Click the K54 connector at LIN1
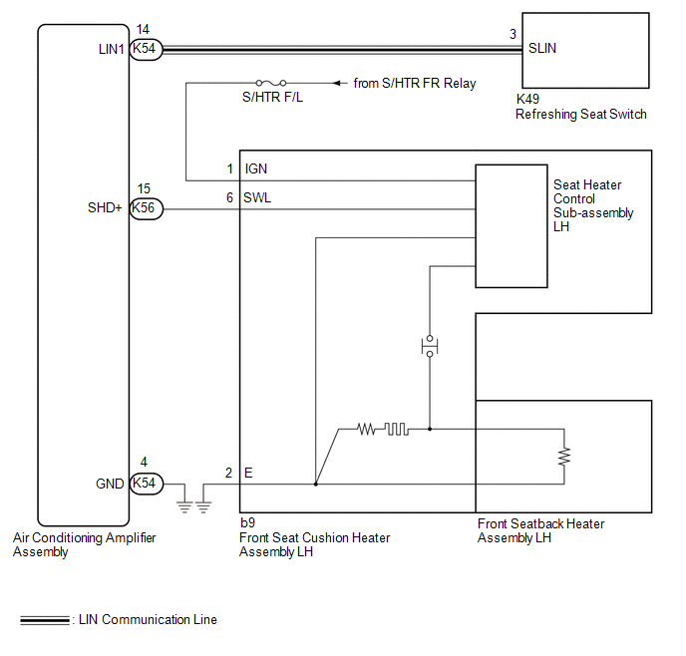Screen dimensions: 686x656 click(x=146, y=49)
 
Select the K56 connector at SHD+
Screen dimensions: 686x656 click(x=147, y=208)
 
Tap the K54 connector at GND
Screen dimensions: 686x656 click(x=147, y=484)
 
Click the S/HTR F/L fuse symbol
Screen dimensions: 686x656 click(x=271, y=83)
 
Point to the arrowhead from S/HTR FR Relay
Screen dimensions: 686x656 click(x=337, y=83)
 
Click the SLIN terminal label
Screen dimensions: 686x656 click(x=542, y=48)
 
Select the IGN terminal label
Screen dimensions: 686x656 click(x=256, y=168)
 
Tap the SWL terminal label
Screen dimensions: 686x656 click(x=257, y=197)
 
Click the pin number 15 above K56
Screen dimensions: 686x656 click(x=144, y=189)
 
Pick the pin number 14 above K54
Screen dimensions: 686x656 click(x=143, y=29)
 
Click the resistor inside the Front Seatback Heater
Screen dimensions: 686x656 click(x=564, y=457)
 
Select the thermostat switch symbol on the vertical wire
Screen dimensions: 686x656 click(x=430, y=346)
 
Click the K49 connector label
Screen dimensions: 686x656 click(x=527, y=99)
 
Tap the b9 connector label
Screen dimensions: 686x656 click(x=247, y=522)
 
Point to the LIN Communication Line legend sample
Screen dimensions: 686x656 click(x=45, y=620)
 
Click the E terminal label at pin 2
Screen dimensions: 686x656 click(x=248, y=473)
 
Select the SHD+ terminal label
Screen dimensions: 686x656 click(x=105, y=207)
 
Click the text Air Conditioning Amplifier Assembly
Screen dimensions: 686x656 click(x=85, y=544)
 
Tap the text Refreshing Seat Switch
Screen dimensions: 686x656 click(x=581, y=114)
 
